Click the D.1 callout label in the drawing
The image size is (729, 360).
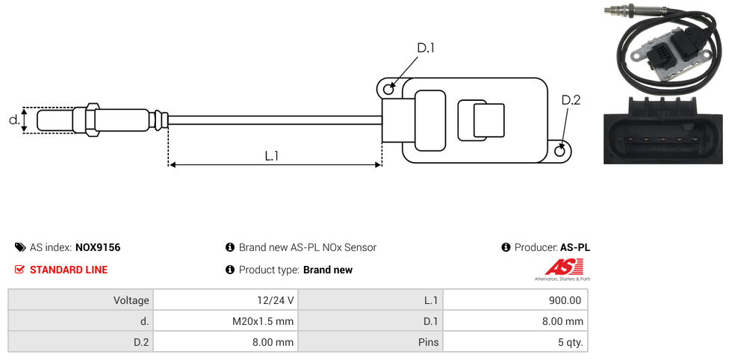pyautogui.click(x=425, y=48)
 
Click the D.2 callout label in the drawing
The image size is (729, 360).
pyautogui.click(x=571, y=100)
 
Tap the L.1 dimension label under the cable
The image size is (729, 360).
pyautogui.click(x=272, y=155)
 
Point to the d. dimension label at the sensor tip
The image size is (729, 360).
pyautogui.click(x=13, y=120)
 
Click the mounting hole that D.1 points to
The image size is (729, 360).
pyautogui.click(x=388, y=90)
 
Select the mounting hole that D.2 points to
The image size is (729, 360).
pyautogui.click(x=561, y=152)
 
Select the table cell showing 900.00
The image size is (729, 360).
pyautogui.click(x=515, y=300)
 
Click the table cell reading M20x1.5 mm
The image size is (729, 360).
pyautogui.click(x=225, y=321)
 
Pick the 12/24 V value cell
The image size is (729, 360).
pyautogui.click(x=225, y=300)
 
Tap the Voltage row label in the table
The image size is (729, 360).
pyautogui.click(x=81, y=300)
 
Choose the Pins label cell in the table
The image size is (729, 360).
pyautogui.click(x=370, y=342)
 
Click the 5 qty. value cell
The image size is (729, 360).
pyautogui.click(x=515, y=342)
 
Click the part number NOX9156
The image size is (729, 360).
pyautogui.click(x=98, y=247)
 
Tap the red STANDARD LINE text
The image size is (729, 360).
pyautogui.click(x=69, y=270)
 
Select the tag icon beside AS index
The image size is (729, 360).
pyautogui.click(x=20, y=247)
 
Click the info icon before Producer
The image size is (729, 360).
pyautogui.click(x=506, y=247)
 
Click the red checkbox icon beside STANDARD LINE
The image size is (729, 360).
pyautogui.click(x=20, y=270)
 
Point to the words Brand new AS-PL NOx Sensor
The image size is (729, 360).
pyautogui.click(x=308, y=247)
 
